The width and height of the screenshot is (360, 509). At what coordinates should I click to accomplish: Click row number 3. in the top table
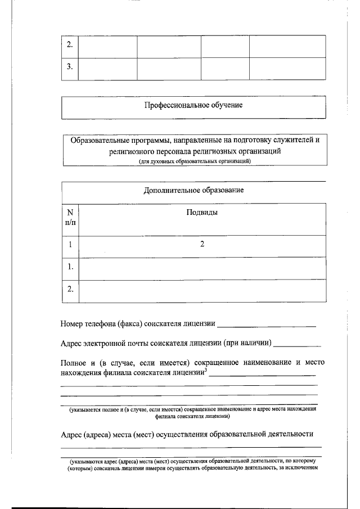click(69, 67)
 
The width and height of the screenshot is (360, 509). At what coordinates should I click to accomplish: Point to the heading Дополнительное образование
click(193, 190)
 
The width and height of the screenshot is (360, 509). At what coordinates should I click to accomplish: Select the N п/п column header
click(70, 218)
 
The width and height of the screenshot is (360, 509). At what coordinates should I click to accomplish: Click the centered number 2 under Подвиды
click(202, 244)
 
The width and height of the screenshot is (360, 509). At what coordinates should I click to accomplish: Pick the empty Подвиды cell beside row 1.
click(202, 267)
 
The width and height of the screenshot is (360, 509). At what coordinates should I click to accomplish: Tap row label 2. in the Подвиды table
click(70, 290)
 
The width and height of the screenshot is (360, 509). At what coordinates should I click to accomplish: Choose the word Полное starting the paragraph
click(73, 362)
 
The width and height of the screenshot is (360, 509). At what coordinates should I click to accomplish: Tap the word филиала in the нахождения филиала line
click(116, 372)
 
